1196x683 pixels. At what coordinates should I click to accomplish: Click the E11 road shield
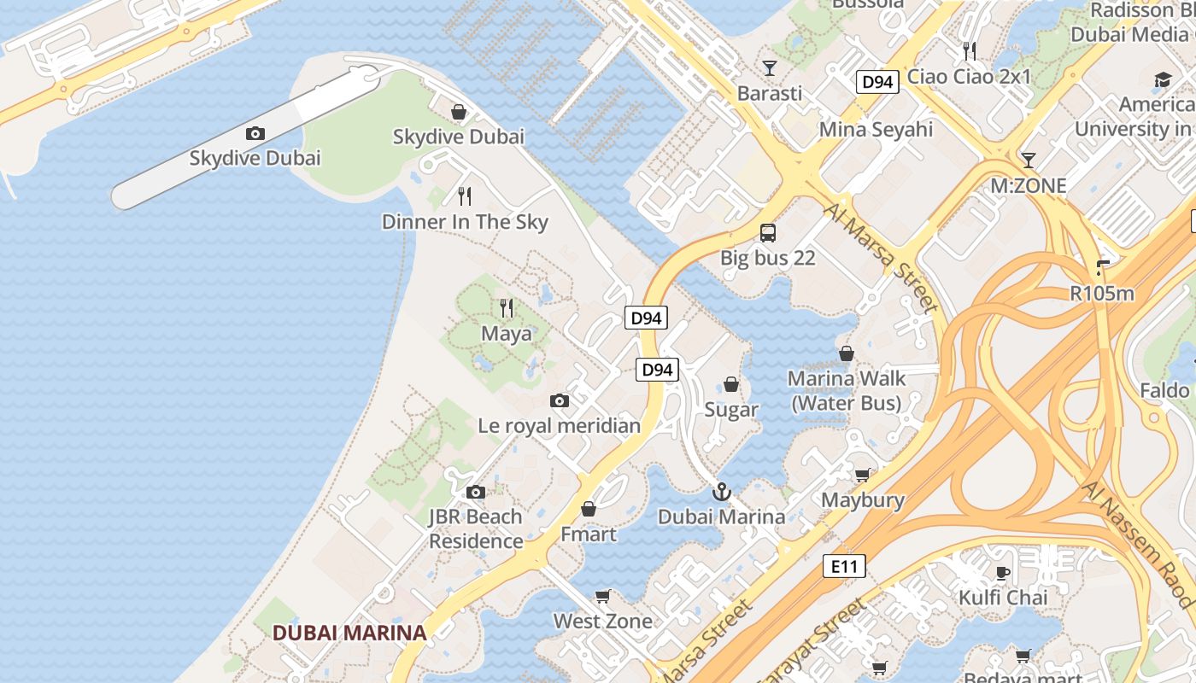pyautogui.click(x=844, y=566)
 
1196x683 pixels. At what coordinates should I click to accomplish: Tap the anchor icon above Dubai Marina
pyautogui.click(x=722, y=492)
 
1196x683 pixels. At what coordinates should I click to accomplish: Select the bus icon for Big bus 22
pyautogui.click(x=768, y=232)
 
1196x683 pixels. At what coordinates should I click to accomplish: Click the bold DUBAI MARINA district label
pyautogui.click(x=349, y=633)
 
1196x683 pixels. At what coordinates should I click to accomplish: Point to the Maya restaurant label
pyautogui.click(x=507, y=334)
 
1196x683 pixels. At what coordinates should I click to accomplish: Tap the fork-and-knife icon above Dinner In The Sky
pyautogui.click(x=465, y=196)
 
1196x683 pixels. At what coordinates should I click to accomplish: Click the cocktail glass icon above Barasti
pyautogui.click(x=770, y=67)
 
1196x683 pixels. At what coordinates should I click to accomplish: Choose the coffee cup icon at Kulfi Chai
pyautogui.click(x=1002, y=572)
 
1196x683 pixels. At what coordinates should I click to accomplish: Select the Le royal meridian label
pyautogui.click(x=559, y=426)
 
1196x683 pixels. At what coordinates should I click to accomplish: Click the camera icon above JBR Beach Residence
pyautogui.click(x=476, y=492)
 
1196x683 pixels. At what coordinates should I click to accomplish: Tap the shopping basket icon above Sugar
pyautogui.click(x=731, y=384)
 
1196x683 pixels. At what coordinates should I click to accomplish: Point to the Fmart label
pyautogui.click(x=588, y=534)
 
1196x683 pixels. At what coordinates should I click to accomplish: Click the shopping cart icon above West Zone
pyautogui.click(x=603, y=596)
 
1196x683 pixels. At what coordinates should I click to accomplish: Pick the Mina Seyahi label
pyautogui.click(x=876, y=130)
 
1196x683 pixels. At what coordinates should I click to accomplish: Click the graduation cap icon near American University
pyautogui.click(x=1163, y=80)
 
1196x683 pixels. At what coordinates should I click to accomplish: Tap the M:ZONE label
pyautogui.click(x=1029, y=186)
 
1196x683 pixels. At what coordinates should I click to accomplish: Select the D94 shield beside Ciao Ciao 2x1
pyautogui.click(x=877, y=82)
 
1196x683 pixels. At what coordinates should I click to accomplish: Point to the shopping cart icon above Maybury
pyautogui.click(x=863, y=475)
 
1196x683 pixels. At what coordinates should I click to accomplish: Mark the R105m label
pyautogui.click(x=1102, y=294)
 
